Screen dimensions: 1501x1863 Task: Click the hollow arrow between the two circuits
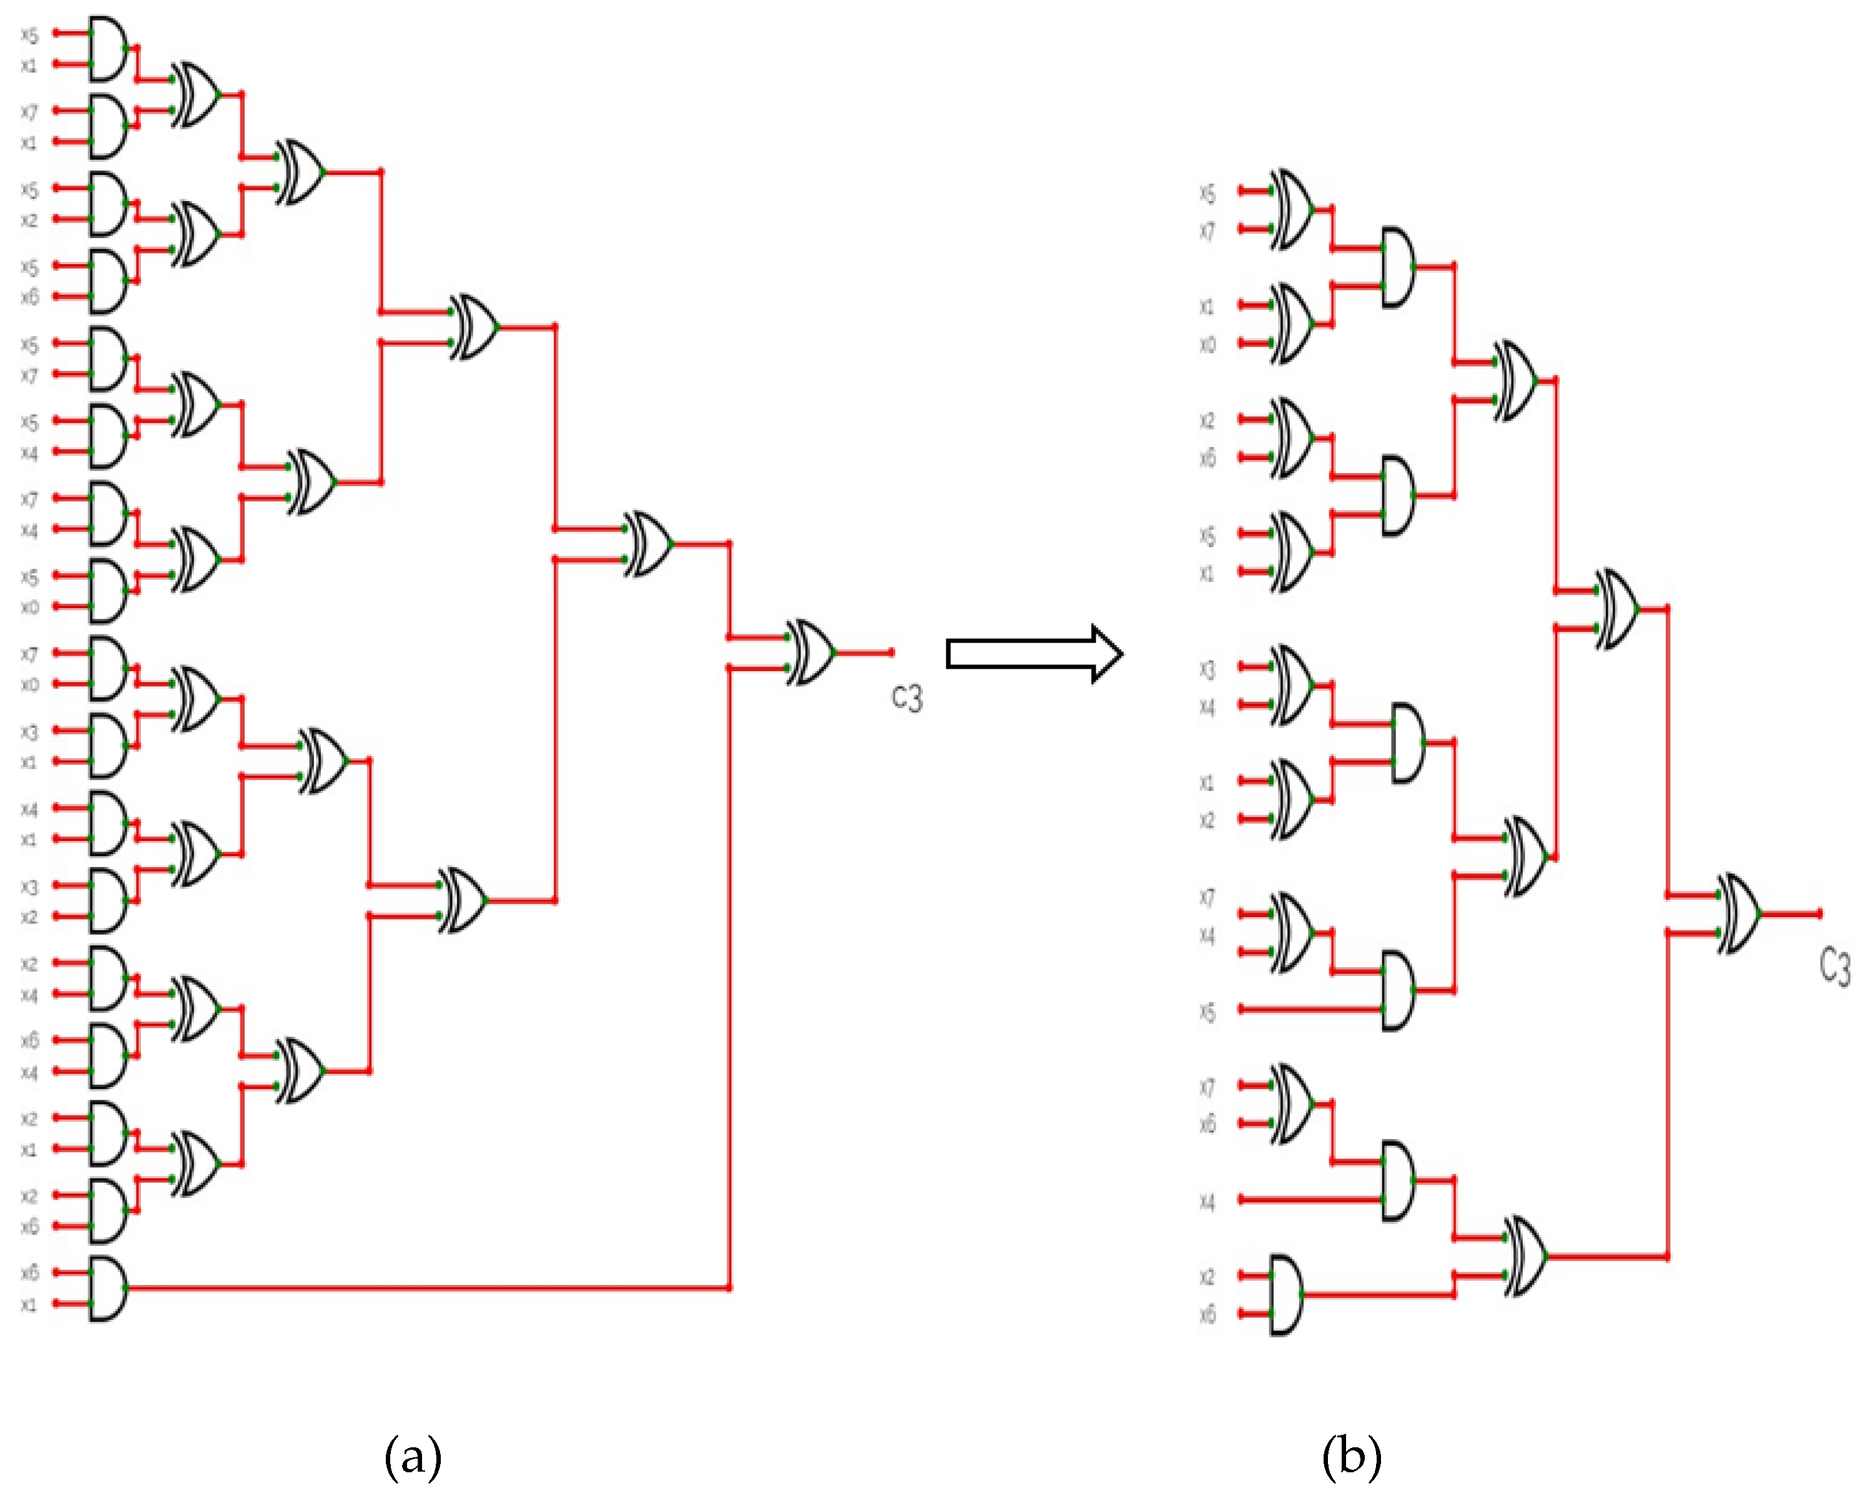pos(1034,654)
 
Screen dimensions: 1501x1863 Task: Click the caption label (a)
pos(413,1455)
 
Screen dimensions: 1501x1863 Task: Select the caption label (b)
pos(1351,1455)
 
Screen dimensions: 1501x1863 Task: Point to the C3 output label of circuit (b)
pos(1834,967)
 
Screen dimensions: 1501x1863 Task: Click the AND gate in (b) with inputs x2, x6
pos(1285,1295)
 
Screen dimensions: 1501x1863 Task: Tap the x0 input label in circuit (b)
pos(1207,345)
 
